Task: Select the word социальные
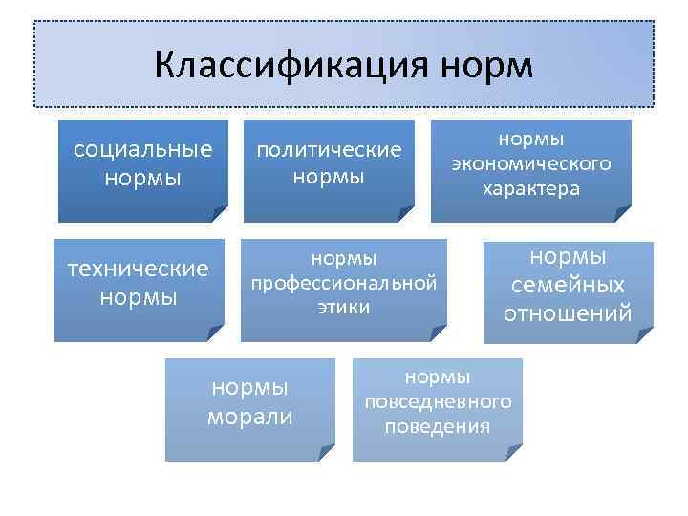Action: [x=142, y=150]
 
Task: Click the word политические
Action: [x=329, y=150]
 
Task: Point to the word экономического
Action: [x=531, y=163]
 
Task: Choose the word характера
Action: [x=531, y=187]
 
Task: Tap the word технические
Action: [x=139, y=269]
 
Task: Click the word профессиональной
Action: [x=344, y=283]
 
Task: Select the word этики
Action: [x=344, y=307]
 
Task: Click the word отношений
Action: [x=569, y=312]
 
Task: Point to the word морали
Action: [x=249, y=417]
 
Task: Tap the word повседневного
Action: [x=438, y=402]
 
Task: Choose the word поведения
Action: [x=438, y=426]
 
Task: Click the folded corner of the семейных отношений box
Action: [x=645, y=335]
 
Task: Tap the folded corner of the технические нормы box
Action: [x=216, y=333]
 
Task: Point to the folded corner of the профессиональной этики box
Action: [x=439, y=333]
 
